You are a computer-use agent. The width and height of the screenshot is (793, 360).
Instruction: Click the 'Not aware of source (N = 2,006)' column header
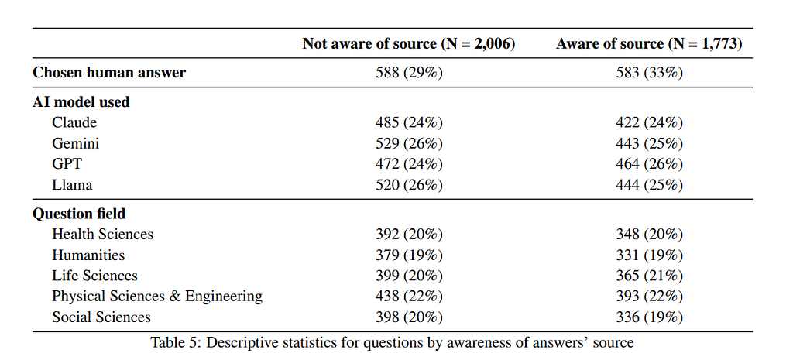pos(409,44)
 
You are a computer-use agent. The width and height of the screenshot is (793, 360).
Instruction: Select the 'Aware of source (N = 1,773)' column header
pos(650,44)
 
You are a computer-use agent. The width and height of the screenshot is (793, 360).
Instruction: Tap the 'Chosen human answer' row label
pos(108,73)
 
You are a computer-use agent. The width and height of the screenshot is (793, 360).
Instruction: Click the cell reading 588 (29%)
pos(409,73)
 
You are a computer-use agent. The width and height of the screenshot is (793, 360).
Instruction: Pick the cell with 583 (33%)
pos(650,73)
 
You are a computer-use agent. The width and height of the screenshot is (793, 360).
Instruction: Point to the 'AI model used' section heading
pos(81,102)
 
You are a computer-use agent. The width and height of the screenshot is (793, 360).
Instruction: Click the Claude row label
pos(74,123)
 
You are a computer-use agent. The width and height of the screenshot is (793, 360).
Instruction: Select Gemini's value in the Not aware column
pos(409,143)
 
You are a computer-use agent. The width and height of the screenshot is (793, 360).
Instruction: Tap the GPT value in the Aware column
pos(650,164)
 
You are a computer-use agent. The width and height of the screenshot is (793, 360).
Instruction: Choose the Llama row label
pos(72,185)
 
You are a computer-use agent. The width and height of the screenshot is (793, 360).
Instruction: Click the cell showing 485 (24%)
pos(409,123)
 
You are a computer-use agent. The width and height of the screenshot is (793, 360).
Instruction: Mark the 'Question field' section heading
pos(79,214)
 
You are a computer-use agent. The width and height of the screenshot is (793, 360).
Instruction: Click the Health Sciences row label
pos(103,235)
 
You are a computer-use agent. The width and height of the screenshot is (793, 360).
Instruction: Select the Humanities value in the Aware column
pos(650,255)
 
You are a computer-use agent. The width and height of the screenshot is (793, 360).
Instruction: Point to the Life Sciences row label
pos(94,276)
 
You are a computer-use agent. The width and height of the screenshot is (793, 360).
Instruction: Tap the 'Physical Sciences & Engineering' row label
pos(157,297)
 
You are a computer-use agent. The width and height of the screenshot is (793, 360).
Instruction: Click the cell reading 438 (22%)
pos(409,297)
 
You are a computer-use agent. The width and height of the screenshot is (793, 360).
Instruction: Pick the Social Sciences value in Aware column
pos(650,317)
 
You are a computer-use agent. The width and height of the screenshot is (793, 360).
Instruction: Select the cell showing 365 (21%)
pos(650,276)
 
